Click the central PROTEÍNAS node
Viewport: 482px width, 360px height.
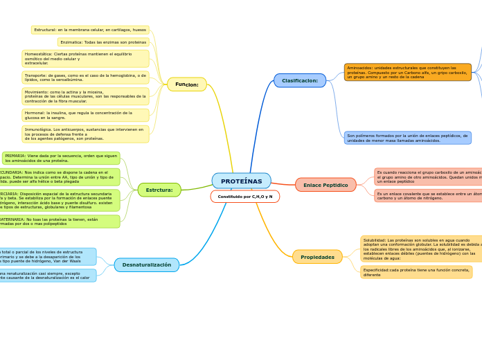241,181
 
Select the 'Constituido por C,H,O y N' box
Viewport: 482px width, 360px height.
244,197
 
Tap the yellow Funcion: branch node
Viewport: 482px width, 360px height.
187,84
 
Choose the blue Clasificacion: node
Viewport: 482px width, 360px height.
300,80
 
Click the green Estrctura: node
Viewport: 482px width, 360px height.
159,190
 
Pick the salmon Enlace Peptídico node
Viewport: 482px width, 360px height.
325,185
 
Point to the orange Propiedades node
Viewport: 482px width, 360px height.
317,257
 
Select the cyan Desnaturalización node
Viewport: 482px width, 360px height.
147,264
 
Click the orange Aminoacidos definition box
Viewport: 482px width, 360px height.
407,72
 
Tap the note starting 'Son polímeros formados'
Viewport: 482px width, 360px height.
407,138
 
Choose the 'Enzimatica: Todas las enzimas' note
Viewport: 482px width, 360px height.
103,42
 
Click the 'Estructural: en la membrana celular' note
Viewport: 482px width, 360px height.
90,30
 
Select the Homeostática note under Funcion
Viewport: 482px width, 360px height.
85,58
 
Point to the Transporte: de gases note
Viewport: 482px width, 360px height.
85,78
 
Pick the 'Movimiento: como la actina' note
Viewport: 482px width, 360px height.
85,96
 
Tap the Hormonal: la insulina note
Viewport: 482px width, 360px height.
85,115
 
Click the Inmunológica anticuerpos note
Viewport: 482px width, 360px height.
85,134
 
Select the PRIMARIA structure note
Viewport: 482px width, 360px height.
61,158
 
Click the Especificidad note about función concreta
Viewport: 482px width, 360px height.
416,272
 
